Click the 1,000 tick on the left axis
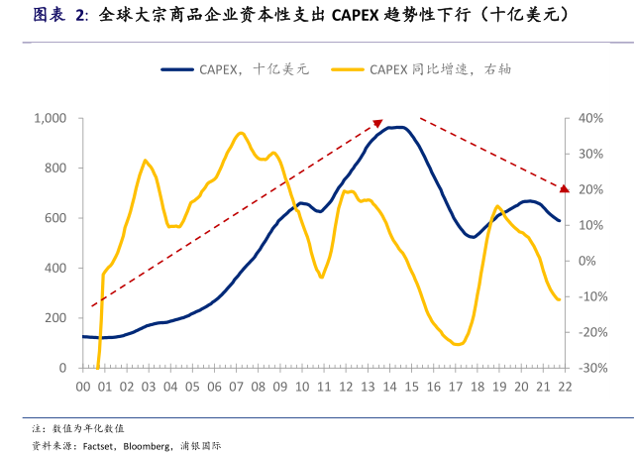pos(49,118)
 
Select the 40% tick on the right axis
pos(590,118)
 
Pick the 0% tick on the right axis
pos(586,261)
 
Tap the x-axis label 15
pos(410,387)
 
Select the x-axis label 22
pos(564,387)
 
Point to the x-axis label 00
pos(83,387)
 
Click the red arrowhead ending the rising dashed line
pos(377,123)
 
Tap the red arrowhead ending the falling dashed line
pos(564,187)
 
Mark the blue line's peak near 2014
pos(396,127)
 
